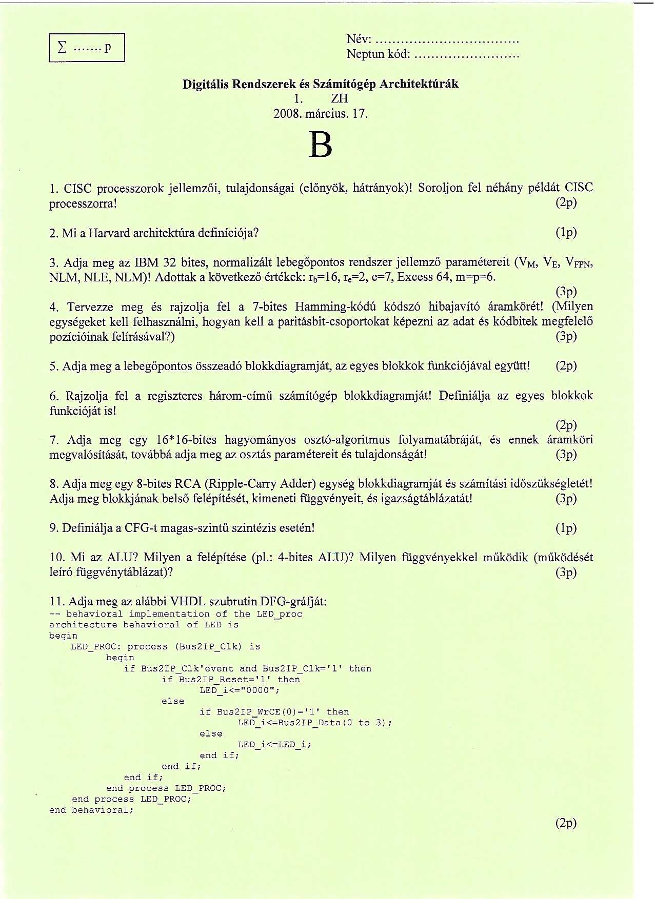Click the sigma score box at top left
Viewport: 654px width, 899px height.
(x=87, y=48)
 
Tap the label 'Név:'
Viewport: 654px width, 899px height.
(x=359, y=39)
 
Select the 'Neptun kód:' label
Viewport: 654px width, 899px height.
(x=378, y=54)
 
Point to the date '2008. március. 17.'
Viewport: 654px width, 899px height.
(x=321, y=113)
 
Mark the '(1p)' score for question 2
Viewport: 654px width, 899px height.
(x=566, y=233)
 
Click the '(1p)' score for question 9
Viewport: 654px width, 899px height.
(x=566, y=528)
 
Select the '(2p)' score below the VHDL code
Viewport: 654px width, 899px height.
(x=566, y=823)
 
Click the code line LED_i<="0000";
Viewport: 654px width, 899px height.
(x=240, y=690)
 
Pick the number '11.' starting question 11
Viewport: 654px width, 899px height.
(x=56, y=601)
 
